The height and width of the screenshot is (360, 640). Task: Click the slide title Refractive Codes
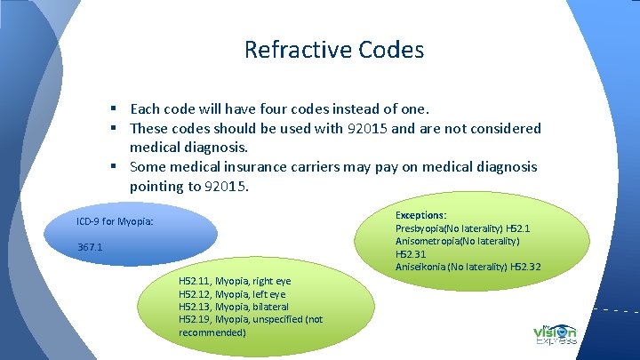click(334, 49)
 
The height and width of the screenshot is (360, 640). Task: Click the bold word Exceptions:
click(420, 215)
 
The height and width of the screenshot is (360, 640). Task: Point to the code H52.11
click(194, 281)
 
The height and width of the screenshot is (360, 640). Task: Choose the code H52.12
click(194, 293)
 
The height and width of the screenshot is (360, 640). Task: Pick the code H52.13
click(194, 306)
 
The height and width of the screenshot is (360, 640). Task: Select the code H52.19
click(194, 318)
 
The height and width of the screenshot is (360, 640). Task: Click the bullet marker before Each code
click(116, 109)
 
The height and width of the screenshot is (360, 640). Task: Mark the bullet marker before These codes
click(116, 129)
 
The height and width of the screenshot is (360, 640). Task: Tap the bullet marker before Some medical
click(116, 167)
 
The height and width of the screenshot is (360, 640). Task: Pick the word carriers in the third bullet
click(347, 167)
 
